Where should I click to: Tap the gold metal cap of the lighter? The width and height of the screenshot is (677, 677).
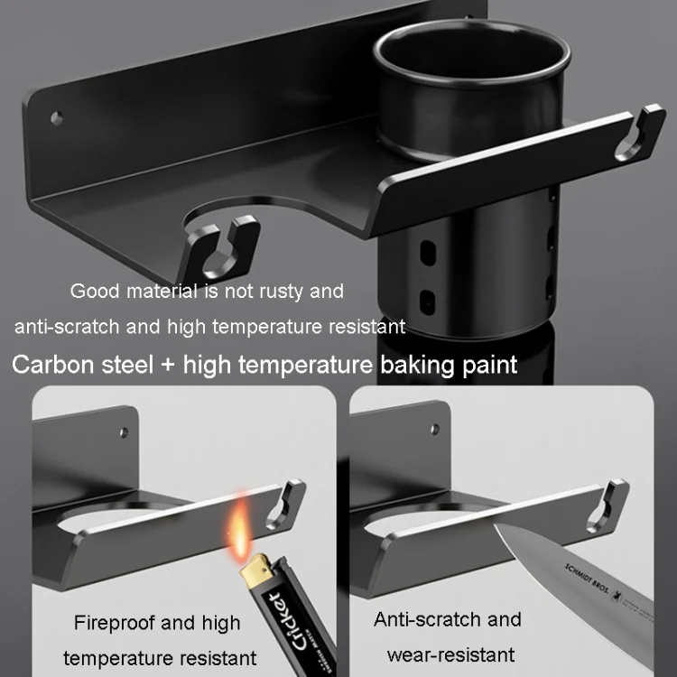click(256, 568)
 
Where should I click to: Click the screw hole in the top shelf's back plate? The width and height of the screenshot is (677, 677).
click(57, 117)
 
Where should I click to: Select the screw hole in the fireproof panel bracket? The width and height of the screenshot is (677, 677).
click(124, 432)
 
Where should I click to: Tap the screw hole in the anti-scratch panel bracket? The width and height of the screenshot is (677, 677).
click(435, 429)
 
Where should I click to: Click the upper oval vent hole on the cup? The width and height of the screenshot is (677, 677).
click(428, 253)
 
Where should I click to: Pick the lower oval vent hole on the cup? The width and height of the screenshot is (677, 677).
click(427, 301)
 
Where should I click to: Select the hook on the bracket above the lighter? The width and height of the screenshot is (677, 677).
click(286, 504)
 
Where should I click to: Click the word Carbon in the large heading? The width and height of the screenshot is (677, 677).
click(52, 365)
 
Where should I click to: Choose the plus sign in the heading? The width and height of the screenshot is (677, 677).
click(168, 366)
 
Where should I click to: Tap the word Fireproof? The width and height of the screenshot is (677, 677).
click(114, 623)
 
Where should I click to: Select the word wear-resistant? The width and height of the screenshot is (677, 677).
click(450, 655)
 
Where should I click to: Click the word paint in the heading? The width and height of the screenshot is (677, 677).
click(489, 366)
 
